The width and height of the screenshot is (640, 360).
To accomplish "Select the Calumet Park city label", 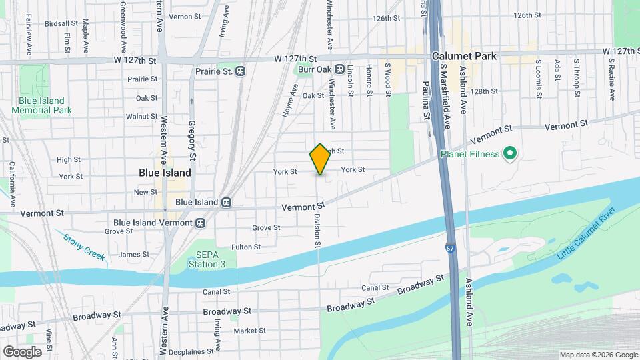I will tap(464, 57).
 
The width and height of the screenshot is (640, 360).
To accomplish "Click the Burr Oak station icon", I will tap(339, 69).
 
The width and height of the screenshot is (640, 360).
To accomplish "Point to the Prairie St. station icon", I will tap(241, 71).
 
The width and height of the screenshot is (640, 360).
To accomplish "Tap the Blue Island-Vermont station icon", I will tap(200, 223).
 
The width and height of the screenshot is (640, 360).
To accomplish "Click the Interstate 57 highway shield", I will tap(451, 249).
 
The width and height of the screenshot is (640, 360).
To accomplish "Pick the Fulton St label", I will tap(245, 247).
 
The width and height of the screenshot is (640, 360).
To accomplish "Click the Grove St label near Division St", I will tap(266, 228).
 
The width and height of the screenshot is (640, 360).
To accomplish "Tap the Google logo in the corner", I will tap(22, 351).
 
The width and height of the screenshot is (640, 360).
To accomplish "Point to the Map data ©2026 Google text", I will tap(598, 355).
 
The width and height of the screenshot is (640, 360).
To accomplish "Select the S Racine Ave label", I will tap(611, 79).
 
